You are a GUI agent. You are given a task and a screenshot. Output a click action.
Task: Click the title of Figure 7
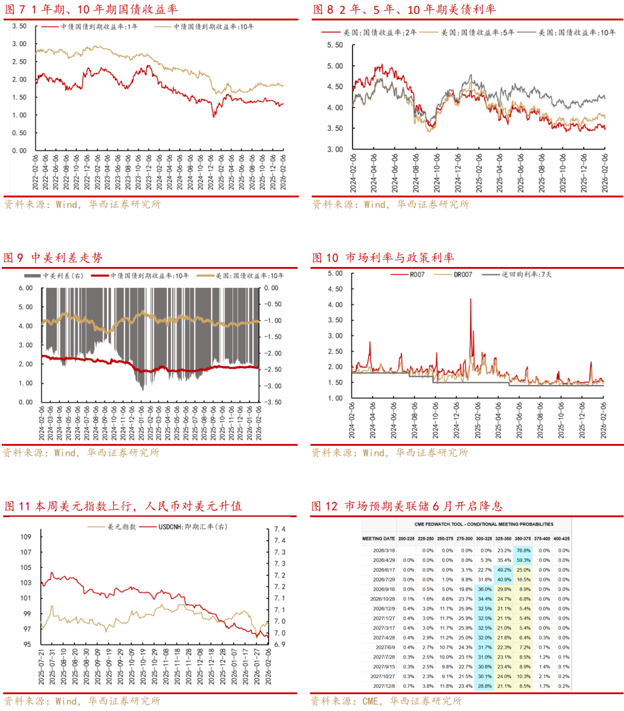pyautogui.click(x=91, y=9)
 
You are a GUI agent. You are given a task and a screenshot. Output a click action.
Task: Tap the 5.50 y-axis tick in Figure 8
pyautogui.click(x=335, y=45)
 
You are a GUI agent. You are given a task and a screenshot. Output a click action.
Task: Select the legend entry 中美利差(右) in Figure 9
pyautogui.click(x=63, y=276)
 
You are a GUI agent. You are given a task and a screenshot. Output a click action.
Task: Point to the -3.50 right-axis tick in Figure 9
pyautogui.click(x=273, y=402)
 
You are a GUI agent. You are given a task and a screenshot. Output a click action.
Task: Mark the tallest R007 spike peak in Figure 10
pyautogui.click(x=470, y=299)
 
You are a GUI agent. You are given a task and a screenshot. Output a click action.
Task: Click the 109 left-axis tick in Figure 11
pyautogui.click(x=26, y=537)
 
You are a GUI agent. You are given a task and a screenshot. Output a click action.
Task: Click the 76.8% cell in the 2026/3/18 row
pyautogui.click(x=523, y=551)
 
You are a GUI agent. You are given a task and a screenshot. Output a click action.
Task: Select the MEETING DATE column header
pyautogui.click(x=378, y=539)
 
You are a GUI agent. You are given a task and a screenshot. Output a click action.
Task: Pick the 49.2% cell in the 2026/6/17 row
pyautogui.click(x=504, y=570)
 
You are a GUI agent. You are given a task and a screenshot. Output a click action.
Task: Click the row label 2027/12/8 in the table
pyautogui.click(x=384, y=686)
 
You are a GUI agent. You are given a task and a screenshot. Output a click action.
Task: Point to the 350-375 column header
pyautogui.click(x=523, y=539)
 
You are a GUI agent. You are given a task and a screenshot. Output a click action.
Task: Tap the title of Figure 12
pyautogui.click(x=407, y=506)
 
